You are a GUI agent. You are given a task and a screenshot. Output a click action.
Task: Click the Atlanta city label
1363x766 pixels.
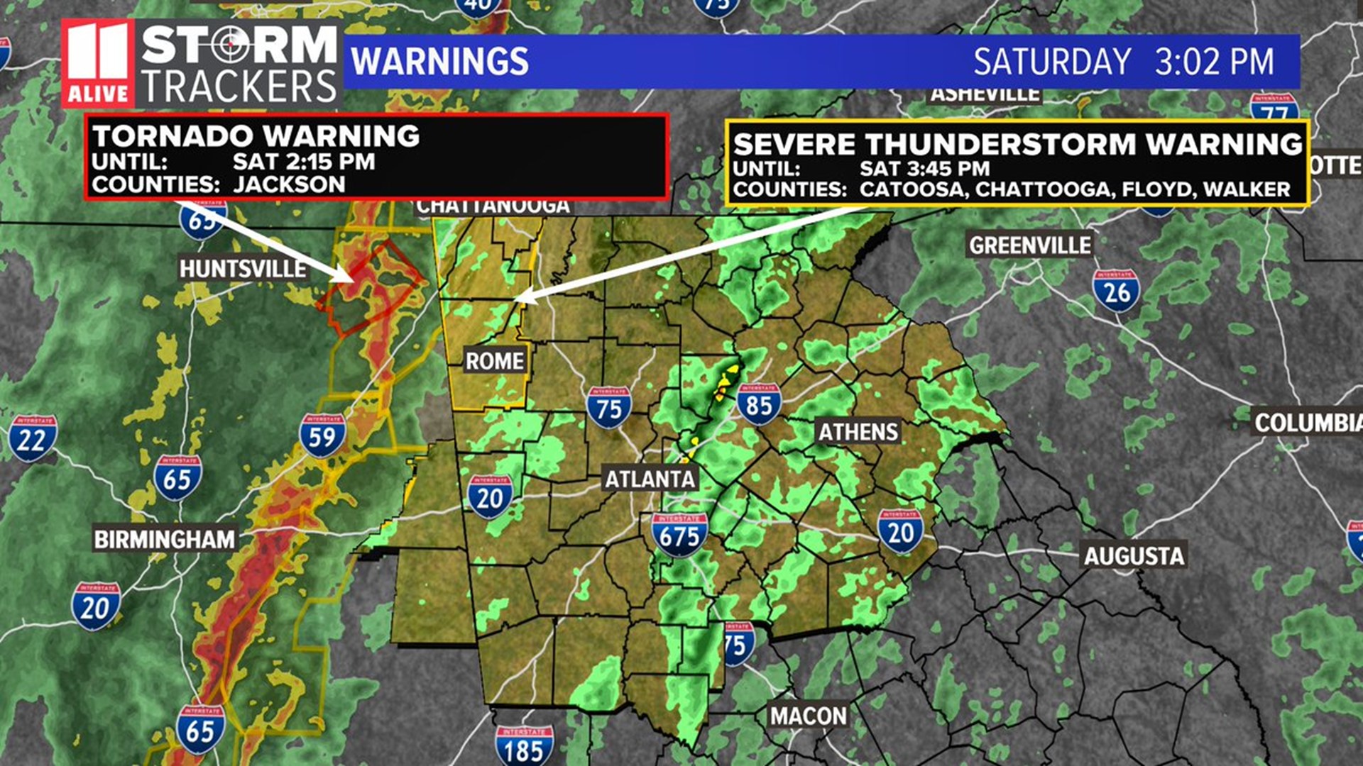click(x=650, y=479)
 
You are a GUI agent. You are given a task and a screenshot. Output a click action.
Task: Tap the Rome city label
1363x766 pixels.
click(x=494, y=361)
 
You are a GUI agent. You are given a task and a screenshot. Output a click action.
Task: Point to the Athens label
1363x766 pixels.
click(x=858, y=432)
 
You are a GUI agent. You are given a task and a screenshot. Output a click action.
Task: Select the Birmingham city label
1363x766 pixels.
click(x=164, y=540)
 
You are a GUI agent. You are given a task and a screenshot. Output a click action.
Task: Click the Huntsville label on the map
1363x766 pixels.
click(x=242, y=269)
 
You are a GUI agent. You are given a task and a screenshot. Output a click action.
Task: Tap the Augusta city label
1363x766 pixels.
click(x=1134, y=556)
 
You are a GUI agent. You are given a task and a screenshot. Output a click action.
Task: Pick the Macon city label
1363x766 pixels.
click(x=809, y=716)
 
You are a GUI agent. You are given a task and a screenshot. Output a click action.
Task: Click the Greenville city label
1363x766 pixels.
click(x=1030, y=246)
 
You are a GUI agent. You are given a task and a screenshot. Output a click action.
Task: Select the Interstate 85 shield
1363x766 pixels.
click(x=759, y=404)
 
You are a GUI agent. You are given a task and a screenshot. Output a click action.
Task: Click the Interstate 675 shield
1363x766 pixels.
click(x=679, y=534)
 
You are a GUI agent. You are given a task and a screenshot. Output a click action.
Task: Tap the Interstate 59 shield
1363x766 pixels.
click(x=322, y=435)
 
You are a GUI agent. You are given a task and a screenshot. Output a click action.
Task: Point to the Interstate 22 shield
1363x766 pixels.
click(x=32, y=438)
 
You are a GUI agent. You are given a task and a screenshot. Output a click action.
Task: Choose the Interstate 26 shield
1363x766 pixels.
click(x=1116, y=291)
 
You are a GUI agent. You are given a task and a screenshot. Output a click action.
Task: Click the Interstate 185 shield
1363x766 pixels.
click(x=524, y=746)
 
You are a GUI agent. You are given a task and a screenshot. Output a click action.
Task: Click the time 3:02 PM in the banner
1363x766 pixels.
click(x=1214, y=62)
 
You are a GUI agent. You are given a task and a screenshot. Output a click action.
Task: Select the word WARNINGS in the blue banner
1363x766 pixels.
click(x=440, y=62)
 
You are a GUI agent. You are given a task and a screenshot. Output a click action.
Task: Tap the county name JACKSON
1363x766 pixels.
click(x=289, y=184)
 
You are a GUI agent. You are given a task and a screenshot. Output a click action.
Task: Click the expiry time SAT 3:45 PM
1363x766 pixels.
click(x=924, y=169)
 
